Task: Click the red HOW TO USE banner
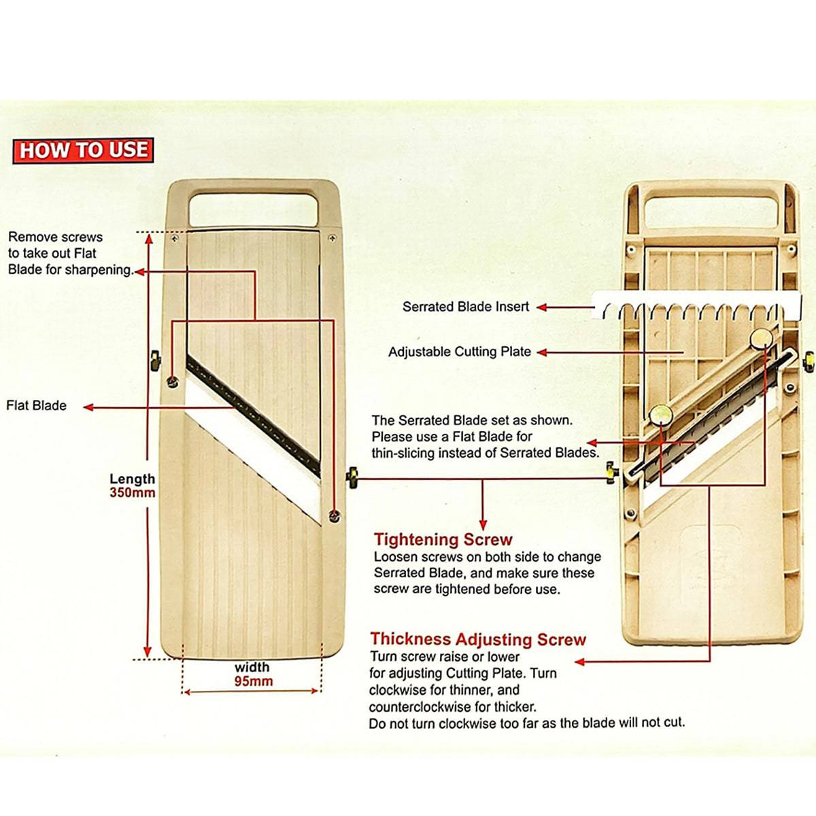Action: [x=83, y=150]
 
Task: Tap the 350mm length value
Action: [x=133, y=493]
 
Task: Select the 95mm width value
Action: [x=253, y=681]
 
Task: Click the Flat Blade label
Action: [x=37, y=406]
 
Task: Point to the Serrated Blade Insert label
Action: [x=466, y=307]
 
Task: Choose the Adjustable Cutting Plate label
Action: [x=460, y=352]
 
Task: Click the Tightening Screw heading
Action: [x=443, y=540]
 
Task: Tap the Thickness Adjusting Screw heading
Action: [x=478, y=639]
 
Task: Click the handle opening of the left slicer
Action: [x=253, y=209]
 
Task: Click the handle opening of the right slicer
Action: [x=711, y=213]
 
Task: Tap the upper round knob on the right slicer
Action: [x=762, y=337]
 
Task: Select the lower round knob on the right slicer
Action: [x=659, y=413]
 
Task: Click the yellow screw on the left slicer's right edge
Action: [x=352, y=477]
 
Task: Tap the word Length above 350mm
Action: [x=133, y=479]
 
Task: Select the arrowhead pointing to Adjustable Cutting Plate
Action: [x=542, y=352]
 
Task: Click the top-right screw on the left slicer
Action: [x=332, y=238]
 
